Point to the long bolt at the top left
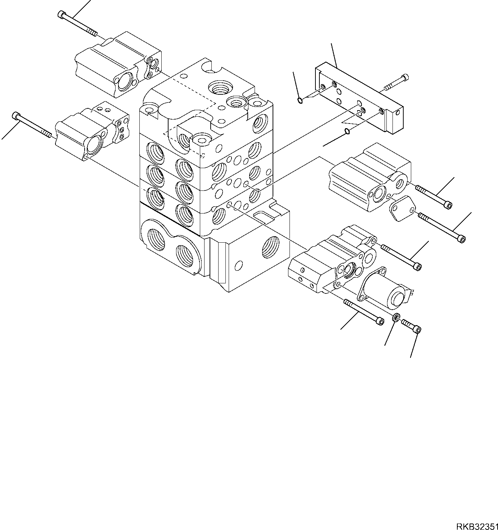[x=77, y=24]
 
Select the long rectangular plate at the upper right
[x=359, y=98]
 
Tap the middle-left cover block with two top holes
[x=92, y=131]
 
